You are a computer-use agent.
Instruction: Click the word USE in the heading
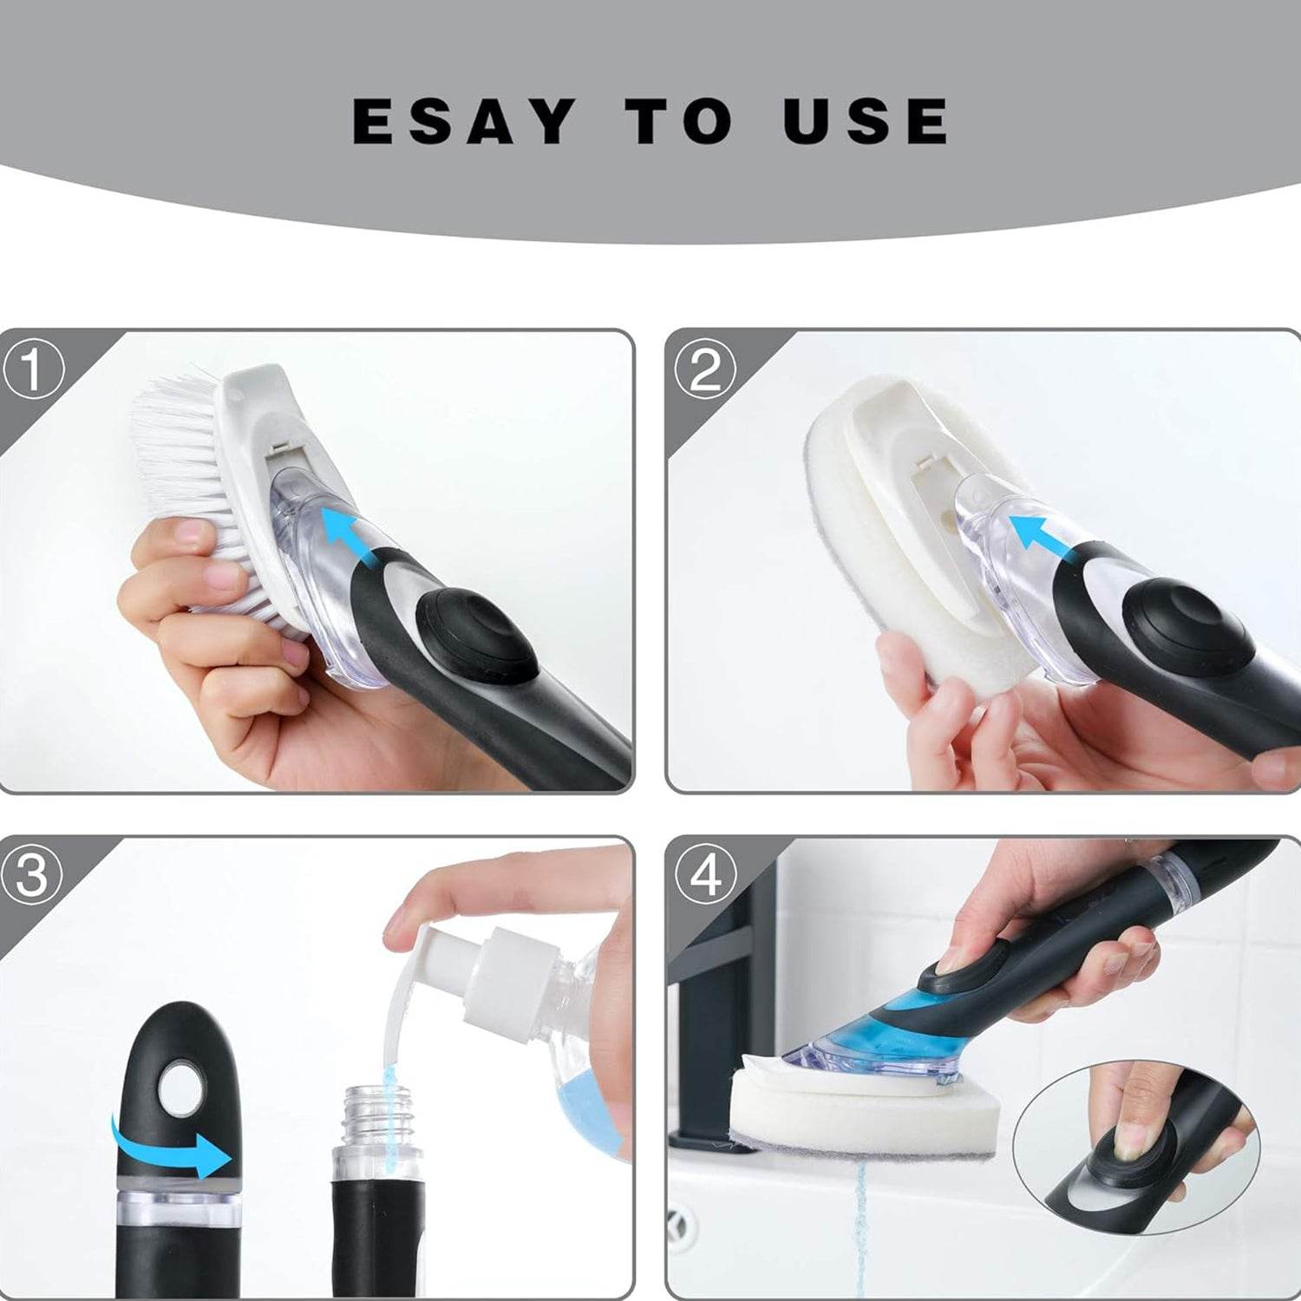point(865,121)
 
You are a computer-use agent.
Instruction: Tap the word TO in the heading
point(679,121)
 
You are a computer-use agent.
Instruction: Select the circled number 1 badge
point(32,369)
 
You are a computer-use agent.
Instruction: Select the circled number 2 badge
point(704,369)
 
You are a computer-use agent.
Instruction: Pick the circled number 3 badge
point(32,875)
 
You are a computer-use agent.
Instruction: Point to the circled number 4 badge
point(704,875)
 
